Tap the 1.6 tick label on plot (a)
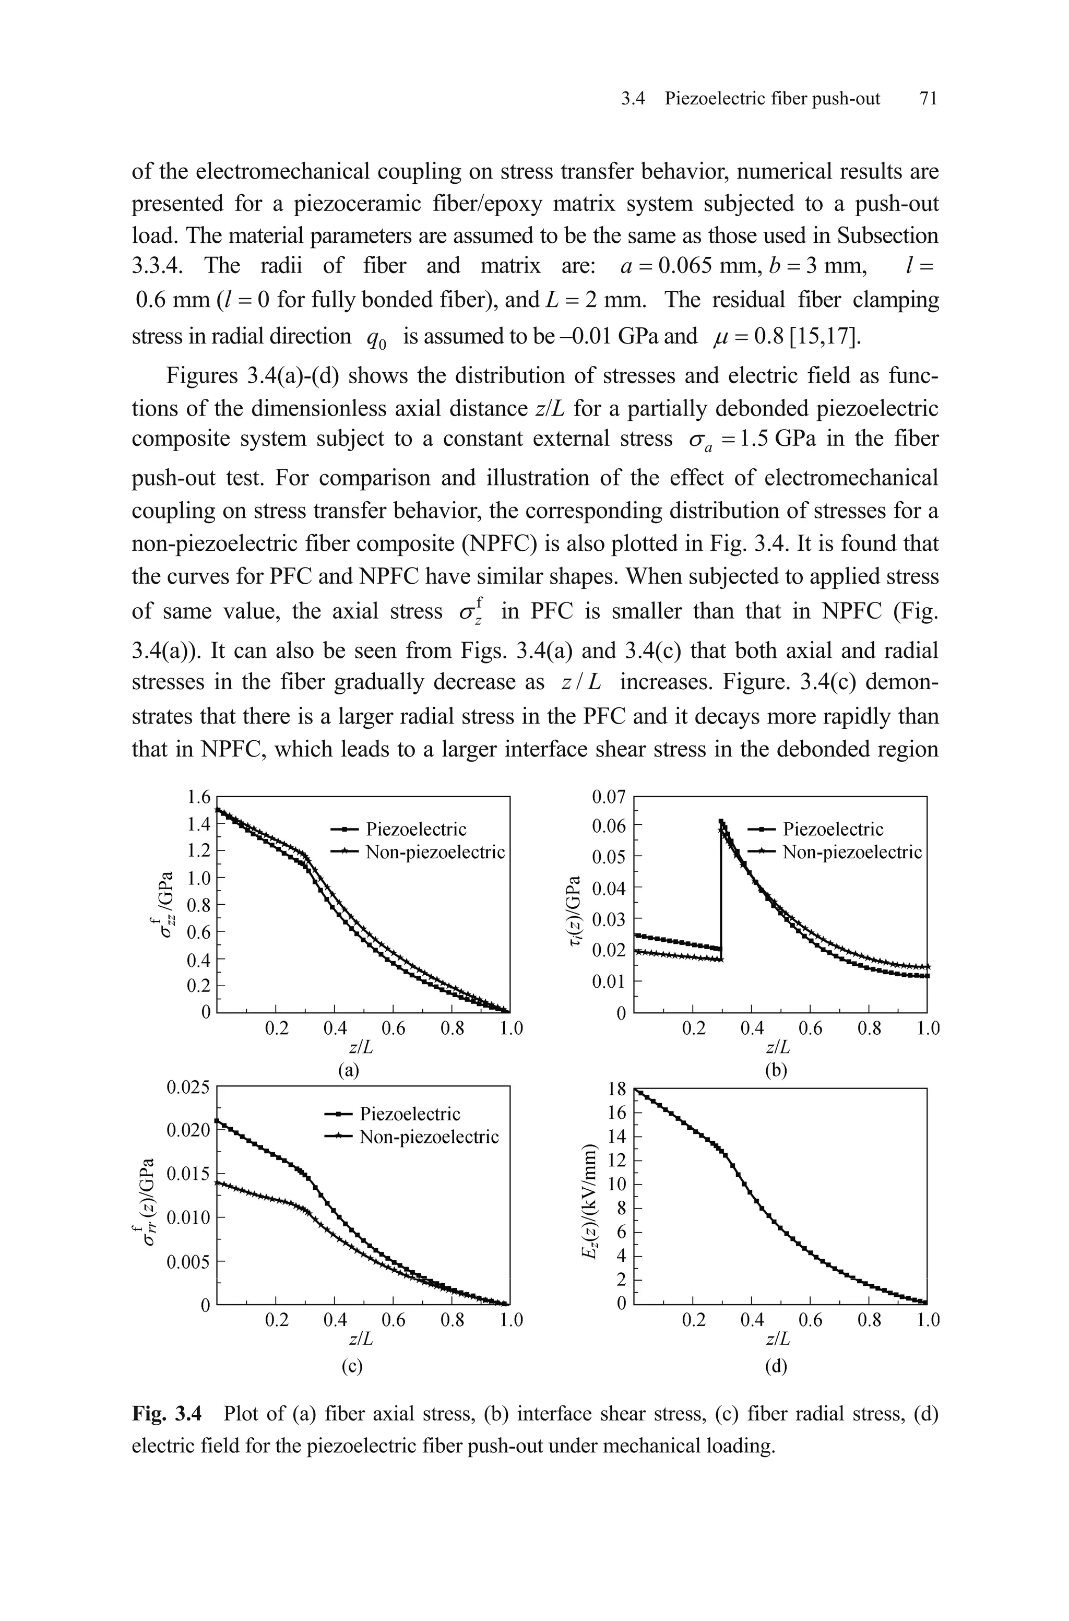(x=198, y=796)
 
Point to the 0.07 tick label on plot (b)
(x=608, y=796)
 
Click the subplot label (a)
(x=349, y=1070)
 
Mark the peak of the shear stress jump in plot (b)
(x=721, y=821)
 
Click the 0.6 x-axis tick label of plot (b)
(x=810, y=1028)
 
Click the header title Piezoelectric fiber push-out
(x=773, y=99)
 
